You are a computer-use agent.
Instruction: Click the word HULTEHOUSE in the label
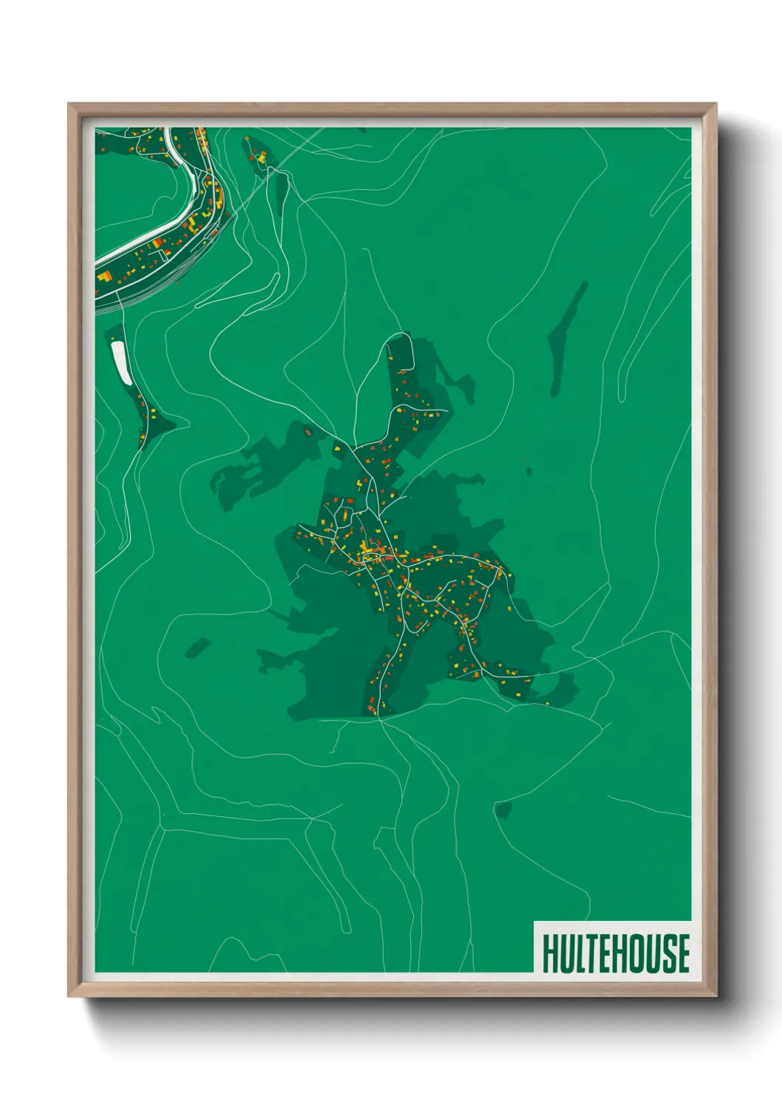(x=616, y=953)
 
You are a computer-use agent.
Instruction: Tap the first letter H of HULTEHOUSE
(x=550, y=953)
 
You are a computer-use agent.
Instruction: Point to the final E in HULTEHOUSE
(x=682, y=953)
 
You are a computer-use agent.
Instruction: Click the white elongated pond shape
(x=120, y=362)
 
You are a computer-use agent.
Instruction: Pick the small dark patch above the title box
(x=503, y=810)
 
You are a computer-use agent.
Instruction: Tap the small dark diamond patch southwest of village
(x=197, y=648)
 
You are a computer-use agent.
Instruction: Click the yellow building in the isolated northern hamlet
(x=261, y=157)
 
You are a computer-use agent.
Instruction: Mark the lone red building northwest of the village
(x=308, y=429)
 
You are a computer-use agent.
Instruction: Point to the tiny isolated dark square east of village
(x=528, y=470)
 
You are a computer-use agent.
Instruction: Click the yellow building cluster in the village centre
(x=367, y=549)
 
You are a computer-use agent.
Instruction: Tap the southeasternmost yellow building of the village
(x=547, y=703)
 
